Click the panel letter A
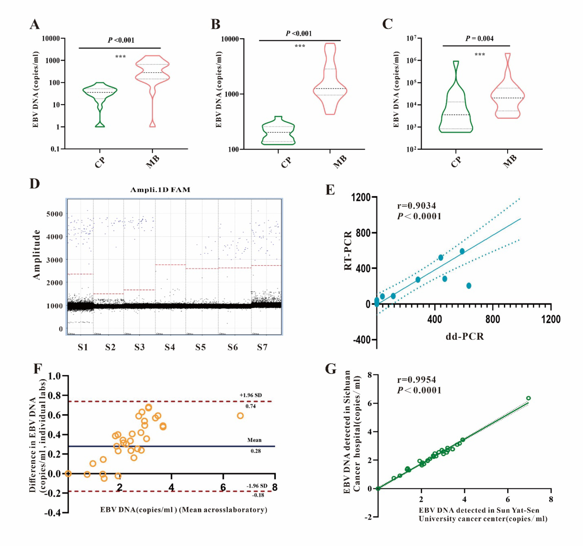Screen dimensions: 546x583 (35, 24)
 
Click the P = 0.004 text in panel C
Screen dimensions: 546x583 (479, 39)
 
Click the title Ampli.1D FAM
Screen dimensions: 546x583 (160, 190)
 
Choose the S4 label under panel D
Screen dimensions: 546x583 (170, 347)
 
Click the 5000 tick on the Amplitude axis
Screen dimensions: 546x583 (54, 214)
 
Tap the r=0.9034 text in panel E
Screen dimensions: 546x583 (416, 206)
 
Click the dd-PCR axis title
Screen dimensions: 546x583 (465, 336)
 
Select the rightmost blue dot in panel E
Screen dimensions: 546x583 (469, 286)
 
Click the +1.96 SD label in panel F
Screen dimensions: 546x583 (251, 395)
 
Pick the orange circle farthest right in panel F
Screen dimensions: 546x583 (240, 416)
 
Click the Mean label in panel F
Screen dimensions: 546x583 (254, 440)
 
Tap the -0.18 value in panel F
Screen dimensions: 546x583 (258, 495)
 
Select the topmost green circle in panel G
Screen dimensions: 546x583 (528, 398)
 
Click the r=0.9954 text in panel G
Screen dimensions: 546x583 (416, 380)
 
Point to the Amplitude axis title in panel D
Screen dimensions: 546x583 (36, 255)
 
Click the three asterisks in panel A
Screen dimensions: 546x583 (120, 57)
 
